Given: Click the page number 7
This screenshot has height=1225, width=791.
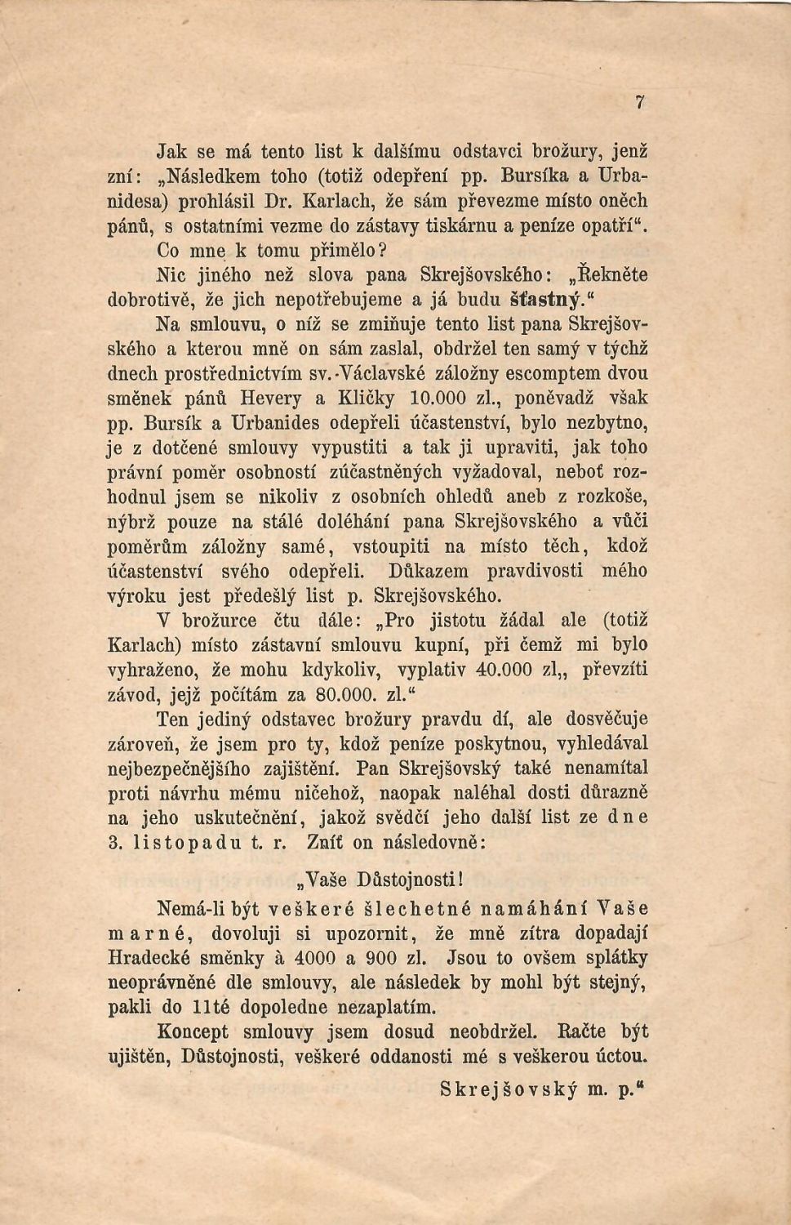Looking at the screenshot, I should coord(641,102).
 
